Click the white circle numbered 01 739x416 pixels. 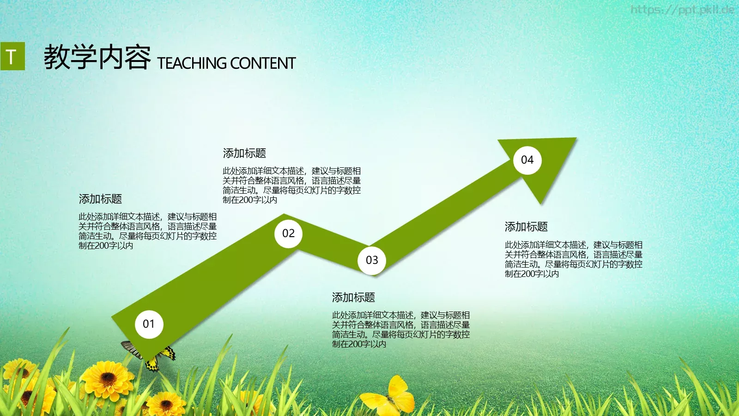149,324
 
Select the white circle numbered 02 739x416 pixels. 288,233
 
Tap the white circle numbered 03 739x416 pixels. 372,260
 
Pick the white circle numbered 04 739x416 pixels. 527,160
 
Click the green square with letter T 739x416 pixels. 12,56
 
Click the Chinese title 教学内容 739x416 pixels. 97,58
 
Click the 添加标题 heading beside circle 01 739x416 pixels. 100,199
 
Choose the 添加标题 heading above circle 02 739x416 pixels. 244,153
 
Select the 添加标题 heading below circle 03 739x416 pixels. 353,298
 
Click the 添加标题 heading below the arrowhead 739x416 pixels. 526,227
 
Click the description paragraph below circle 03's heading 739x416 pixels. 400,330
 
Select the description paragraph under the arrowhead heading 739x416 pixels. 573,259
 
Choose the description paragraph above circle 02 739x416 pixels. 291,185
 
